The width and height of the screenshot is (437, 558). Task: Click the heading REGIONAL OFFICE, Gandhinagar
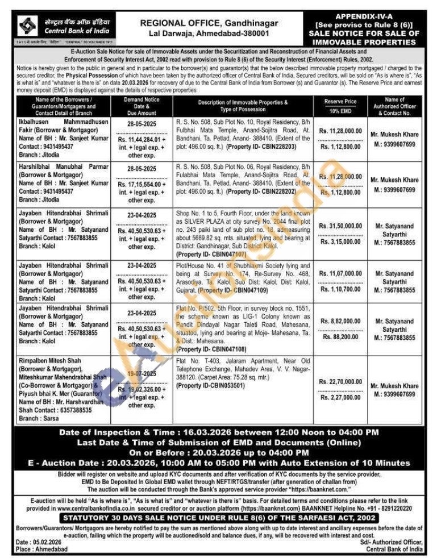pos(209,23)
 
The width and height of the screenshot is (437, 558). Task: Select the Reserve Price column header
pos(340,101)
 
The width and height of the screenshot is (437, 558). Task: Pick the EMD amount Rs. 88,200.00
pos(341,336)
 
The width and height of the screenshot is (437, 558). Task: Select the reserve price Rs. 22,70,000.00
pos(340,382)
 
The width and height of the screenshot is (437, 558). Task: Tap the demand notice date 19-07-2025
pos(141,374)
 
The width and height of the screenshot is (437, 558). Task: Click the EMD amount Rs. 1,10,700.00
pos(340,289)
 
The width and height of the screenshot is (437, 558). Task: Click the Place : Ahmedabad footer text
pos(42,549)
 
